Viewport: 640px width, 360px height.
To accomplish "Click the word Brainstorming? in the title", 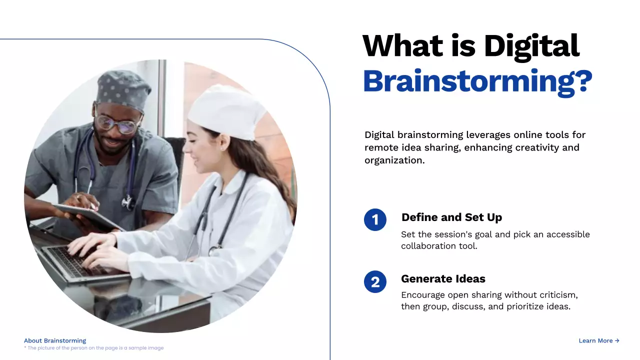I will tap(477, 81).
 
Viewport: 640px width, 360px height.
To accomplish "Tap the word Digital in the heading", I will tap(531, 46).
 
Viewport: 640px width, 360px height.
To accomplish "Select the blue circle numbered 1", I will tap(375, 220).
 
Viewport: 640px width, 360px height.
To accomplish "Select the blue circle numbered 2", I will tap(375, 282).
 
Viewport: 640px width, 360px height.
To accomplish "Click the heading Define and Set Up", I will tap(451, 217).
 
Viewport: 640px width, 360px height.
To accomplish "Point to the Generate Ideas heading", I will tap(443, 279).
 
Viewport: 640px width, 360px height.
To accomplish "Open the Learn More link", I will tap(598, 340).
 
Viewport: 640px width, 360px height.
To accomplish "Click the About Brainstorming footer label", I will tap(55, 340).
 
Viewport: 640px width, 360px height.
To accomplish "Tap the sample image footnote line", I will tap(94, 348).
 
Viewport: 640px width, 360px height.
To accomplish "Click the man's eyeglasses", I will tap(117, 123).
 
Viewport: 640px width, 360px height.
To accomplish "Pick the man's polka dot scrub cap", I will tap(123, 88).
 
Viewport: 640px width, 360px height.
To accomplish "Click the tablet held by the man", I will tap(87, 215).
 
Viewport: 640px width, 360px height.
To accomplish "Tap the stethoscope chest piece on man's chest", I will tap(128, 202).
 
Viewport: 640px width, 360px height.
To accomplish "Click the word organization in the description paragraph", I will tap(393, 160).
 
